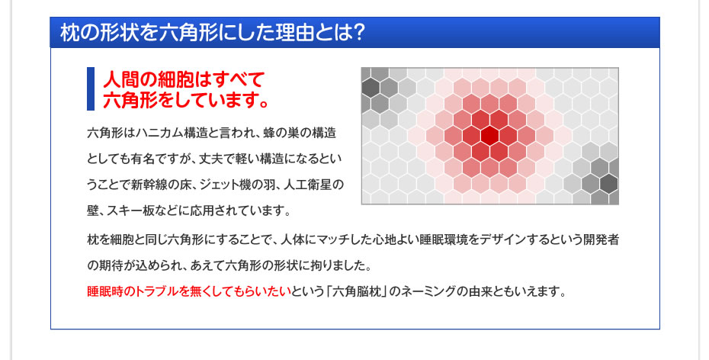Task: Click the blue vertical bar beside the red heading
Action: [91, 88]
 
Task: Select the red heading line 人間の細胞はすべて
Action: [183, 79]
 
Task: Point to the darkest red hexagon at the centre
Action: [490, 135]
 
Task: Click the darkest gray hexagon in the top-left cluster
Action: [371, 87]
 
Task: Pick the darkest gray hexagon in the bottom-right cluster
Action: [608, 184]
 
